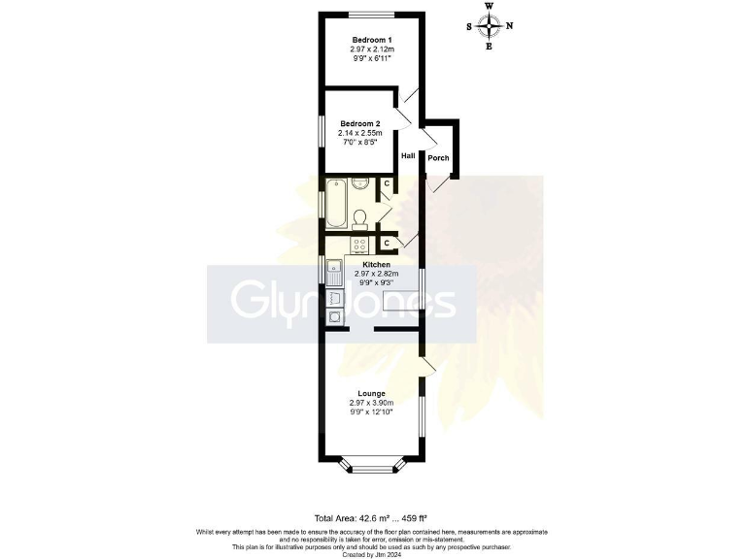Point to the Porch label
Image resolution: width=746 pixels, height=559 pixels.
pos(439,158)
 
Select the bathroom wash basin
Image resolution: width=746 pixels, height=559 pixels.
pos(358,182)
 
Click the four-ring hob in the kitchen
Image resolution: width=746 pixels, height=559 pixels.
pos(358,245)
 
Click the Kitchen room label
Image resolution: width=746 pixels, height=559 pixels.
pos(377,265)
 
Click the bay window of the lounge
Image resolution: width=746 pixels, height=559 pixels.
pos(371,466)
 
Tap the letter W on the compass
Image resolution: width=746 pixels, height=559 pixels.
pos(490,6)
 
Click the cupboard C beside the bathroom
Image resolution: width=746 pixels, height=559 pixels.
pos(387,183)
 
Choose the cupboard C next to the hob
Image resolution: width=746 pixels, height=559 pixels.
pos(387,243)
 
